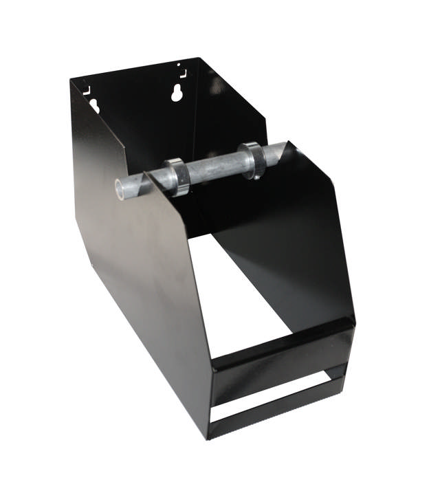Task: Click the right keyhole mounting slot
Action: [177, 94]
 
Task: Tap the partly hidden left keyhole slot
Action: [93, 105]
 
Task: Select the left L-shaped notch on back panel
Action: [87, 89]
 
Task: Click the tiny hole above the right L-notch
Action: [179, 65]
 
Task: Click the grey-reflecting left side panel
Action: [137, 289]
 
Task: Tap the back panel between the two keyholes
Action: [137, 103]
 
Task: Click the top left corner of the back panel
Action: [71, 80]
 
